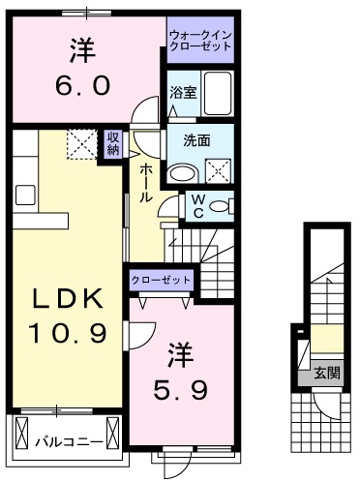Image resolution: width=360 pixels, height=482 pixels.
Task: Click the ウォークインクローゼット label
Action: pyautogui.click(x=200, y=39)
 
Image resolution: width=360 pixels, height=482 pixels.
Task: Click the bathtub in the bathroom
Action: pyautogui.click(x=219, y=95)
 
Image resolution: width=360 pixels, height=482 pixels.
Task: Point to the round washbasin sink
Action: pyautogui.click(x=182, y=171)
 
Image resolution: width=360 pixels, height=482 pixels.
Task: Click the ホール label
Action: pyautogui.click(x=144, y=180)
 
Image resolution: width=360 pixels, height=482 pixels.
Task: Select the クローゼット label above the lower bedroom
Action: pyautogui.click(x=162, y=281)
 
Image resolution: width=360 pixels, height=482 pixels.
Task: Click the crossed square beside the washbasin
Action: pyautogui.click(x=219, y=171)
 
